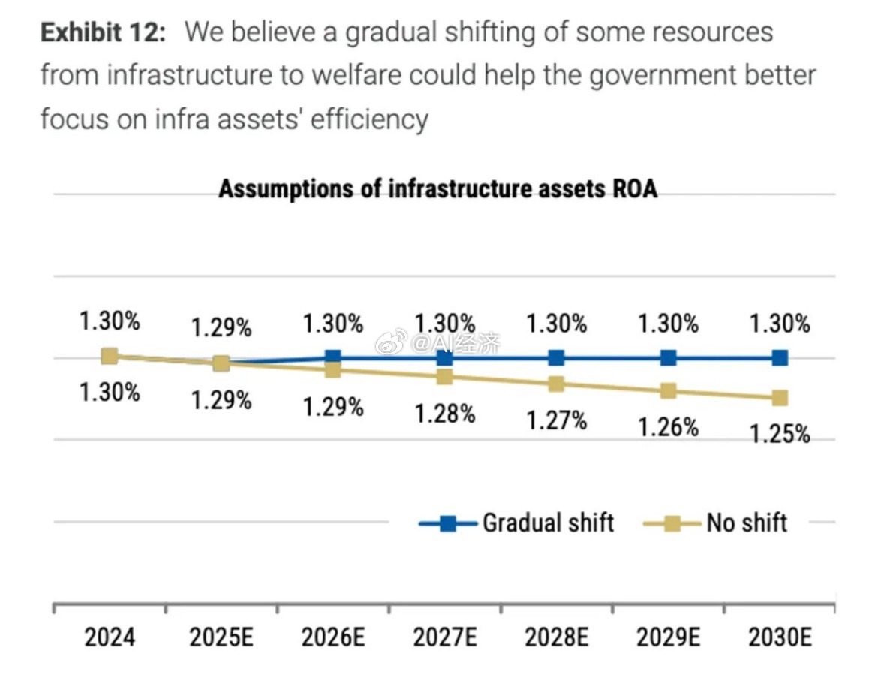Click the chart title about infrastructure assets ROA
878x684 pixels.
tap(437, 189)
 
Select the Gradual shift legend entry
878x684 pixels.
tap(516, 523)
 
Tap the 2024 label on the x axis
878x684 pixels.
tap(110, 638)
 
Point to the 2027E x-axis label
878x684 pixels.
tap(445, 638)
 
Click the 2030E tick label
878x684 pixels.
tap(780, 638)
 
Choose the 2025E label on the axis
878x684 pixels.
tap(221, 638)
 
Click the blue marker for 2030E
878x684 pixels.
tap(780, 357)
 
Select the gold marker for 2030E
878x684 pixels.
tap(780, 398)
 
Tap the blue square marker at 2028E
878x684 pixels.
tap(556, 357)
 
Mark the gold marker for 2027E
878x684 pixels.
tap(445, 377)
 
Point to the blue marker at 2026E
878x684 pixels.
tap(333, 357)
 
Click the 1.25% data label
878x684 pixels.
tap(780, 434)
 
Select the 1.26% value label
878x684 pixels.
tap(669, 427)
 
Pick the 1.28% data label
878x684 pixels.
tap(445, 413)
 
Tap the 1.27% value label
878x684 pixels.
tap(556, 420)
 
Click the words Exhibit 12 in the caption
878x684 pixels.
tap(101, 32)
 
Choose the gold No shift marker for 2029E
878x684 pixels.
tap(669, 391)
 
